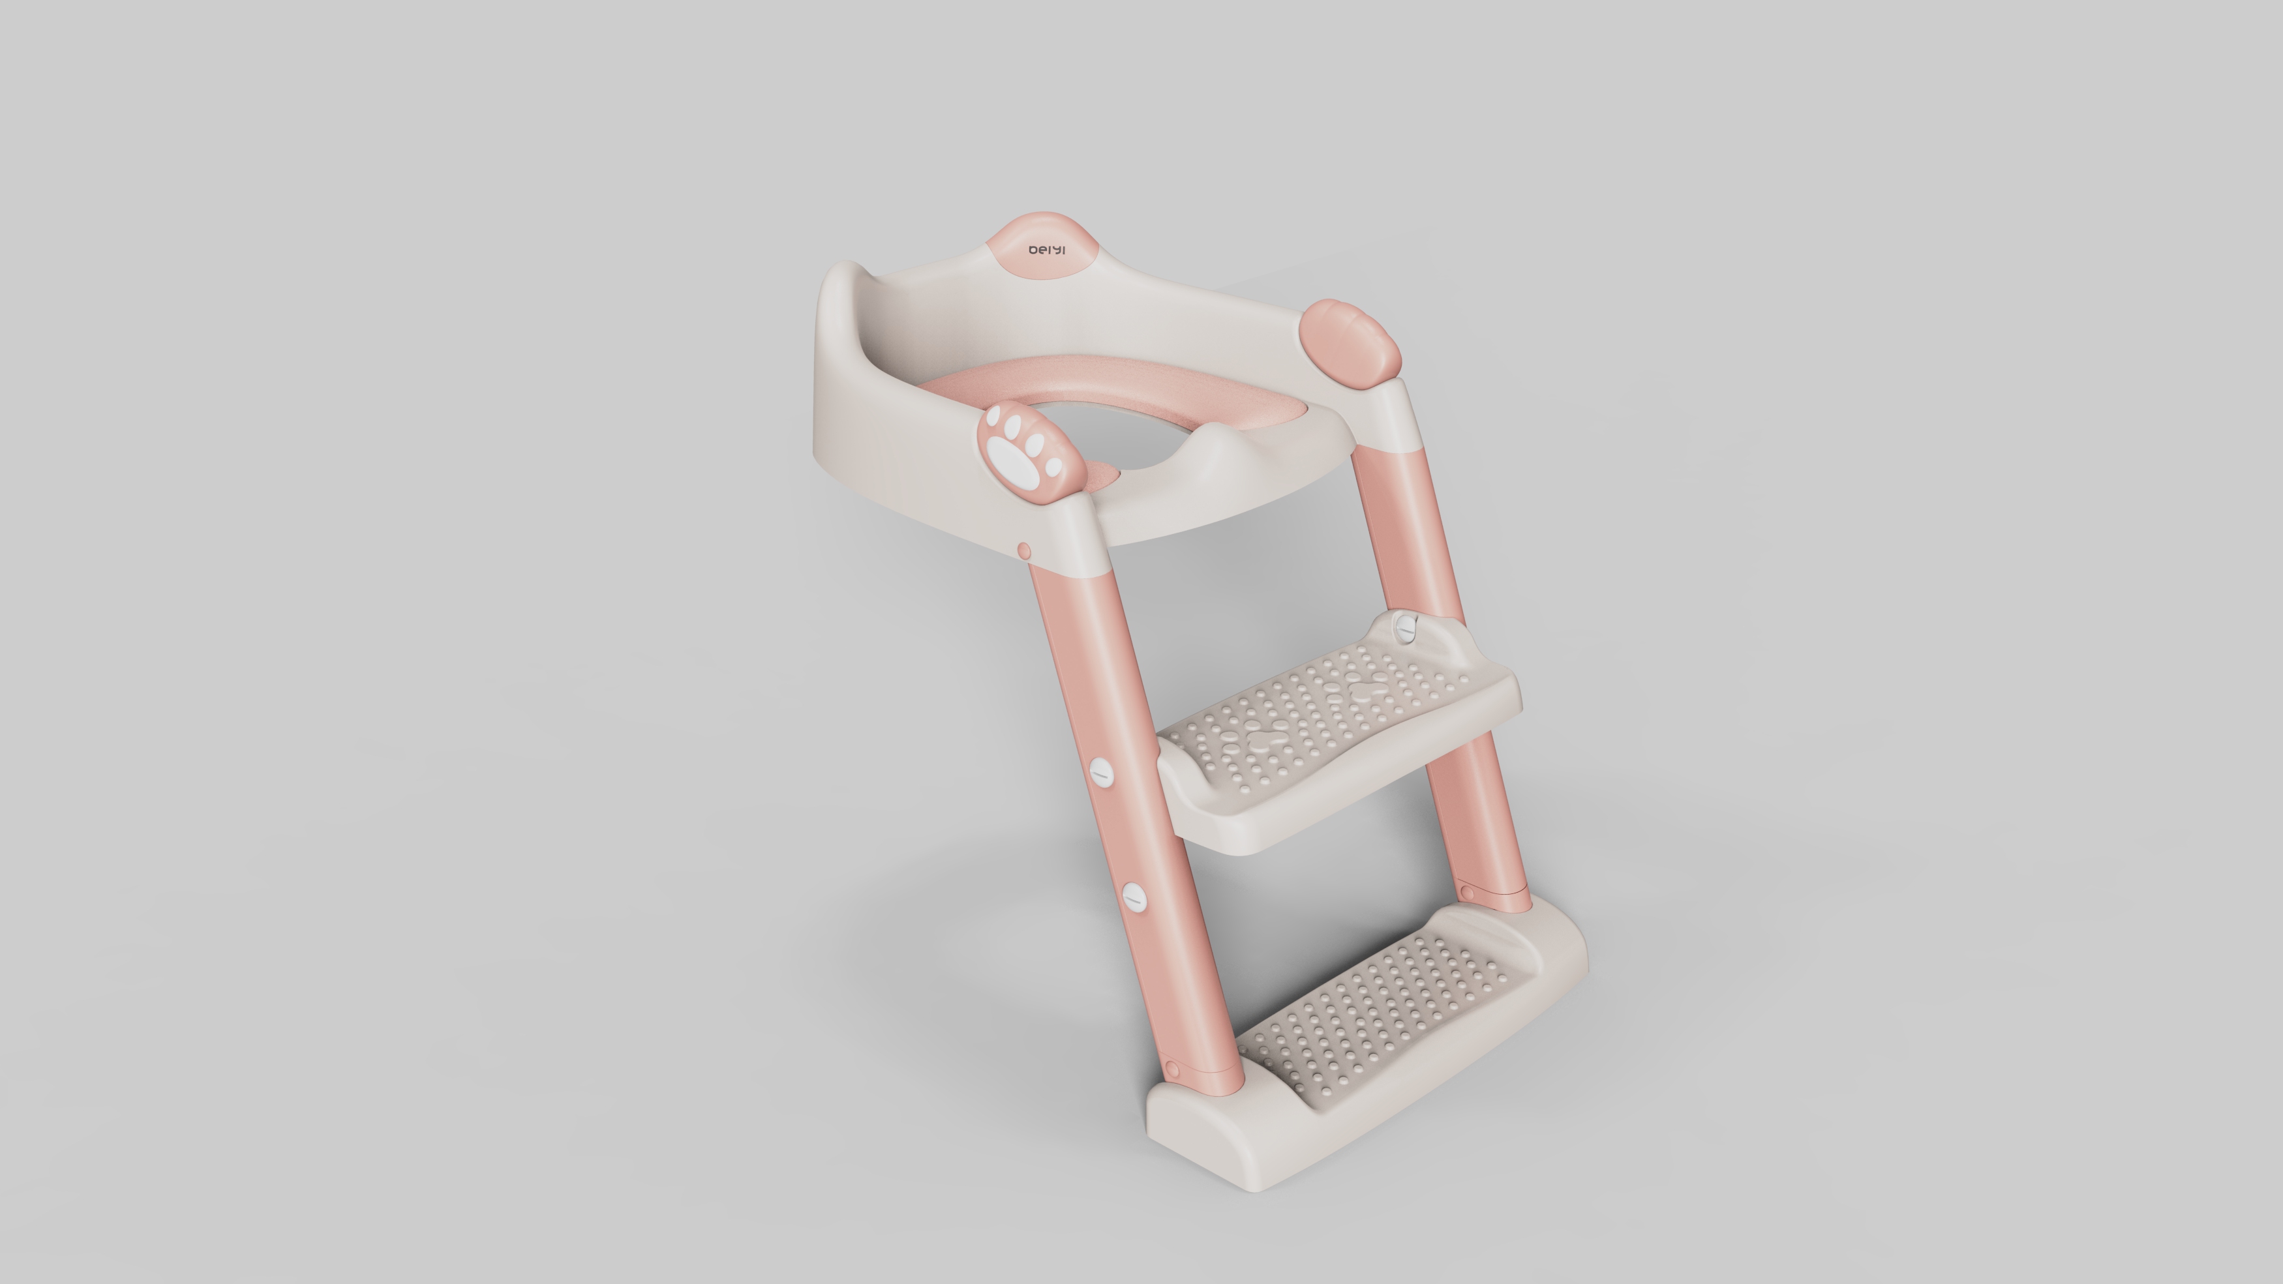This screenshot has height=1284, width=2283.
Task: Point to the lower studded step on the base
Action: pos(1383,1019)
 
